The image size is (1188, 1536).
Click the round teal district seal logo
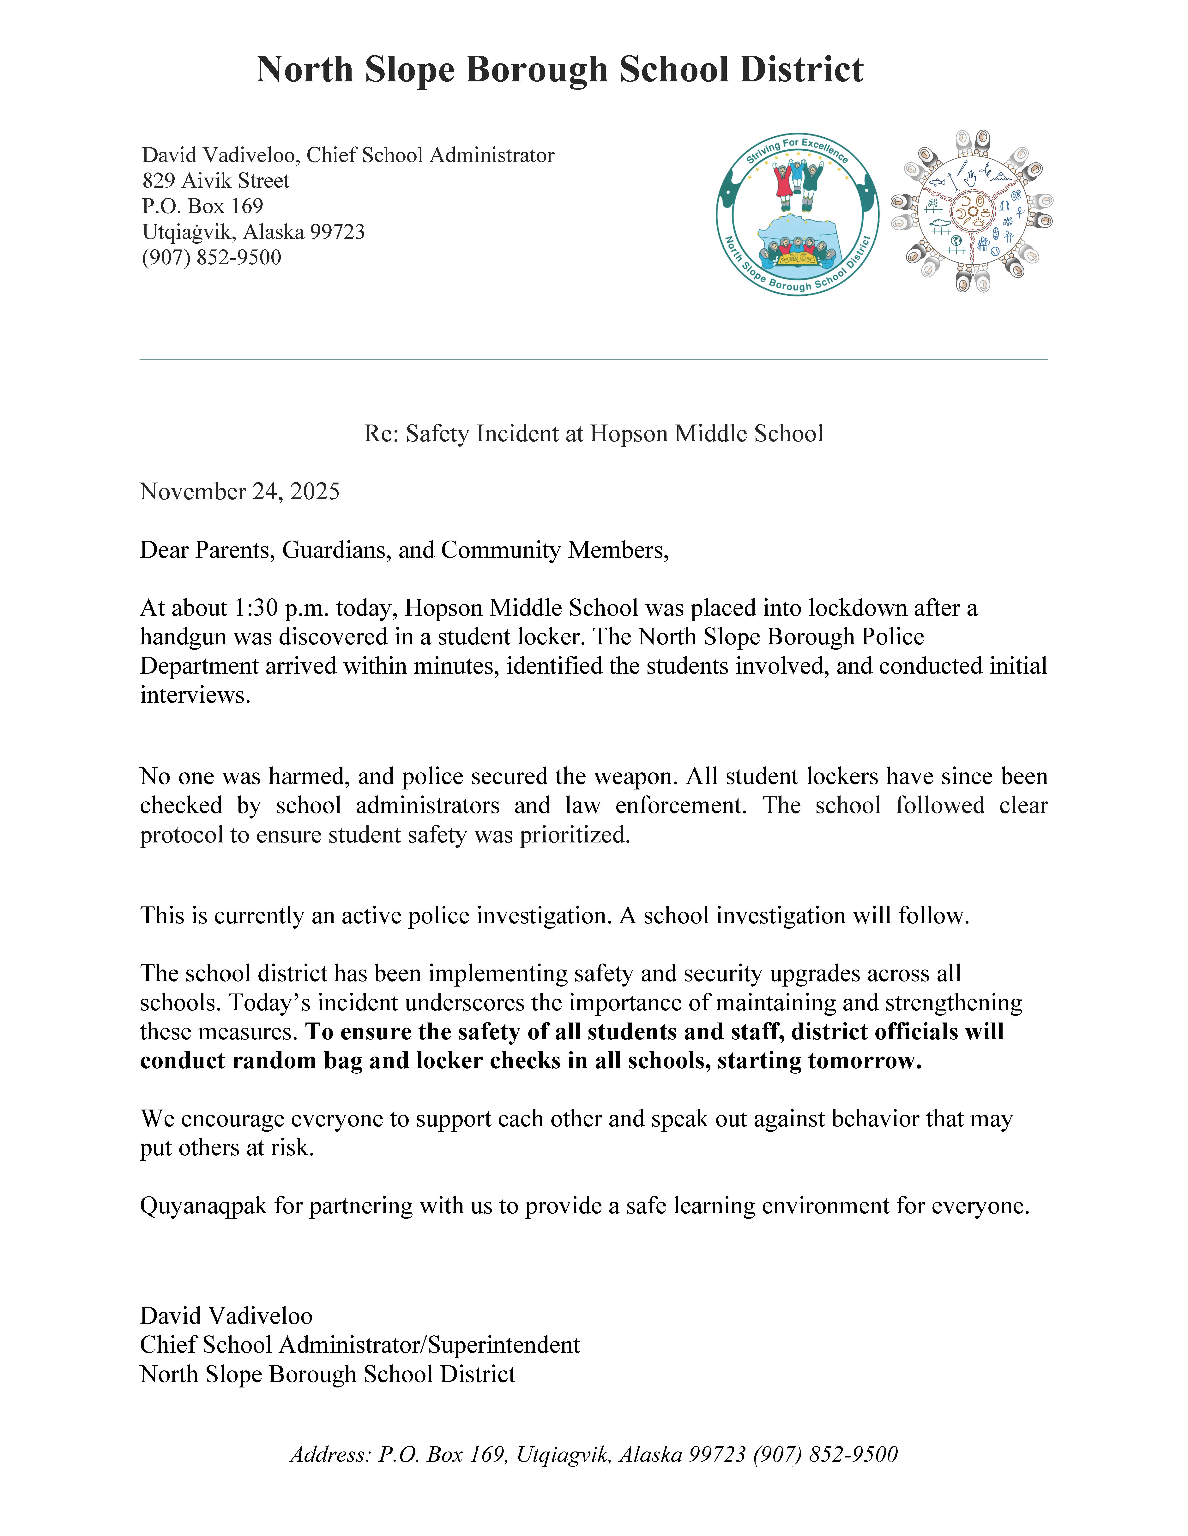coord(797,213)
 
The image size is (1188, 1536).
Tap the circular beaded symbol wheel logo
coord(972,211)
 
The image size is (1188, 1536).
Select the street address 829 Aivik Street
coord(215,181)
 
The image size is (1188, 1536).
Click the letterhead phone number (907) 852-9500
coord(211,257)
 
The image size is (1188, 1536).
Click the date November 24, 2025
coord(239,492)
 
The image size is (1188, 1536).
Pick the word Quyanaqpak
coord(203,1205)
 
